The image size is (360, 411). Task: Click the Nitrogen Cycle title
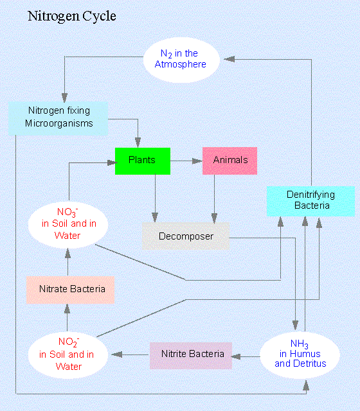pyautogui.click(x=71, y=17)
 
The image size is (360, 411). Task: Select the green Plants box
pyautogui.click(x=143, y=161)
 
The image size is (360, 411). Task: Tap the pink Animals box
pyautogui.click(x=230, y=161)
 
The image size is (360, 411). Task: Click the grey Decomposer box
pyautogui.click(x=186, y=236)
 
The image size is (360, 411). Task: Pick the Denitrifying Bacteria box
pyautogui.click(x=310, y=201)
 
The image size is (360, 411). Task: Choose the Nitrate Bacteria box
pyautogui.click(x=70, y=290)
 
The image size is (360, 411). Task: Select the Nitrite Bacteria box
pyautogui.click(x=191, y=355)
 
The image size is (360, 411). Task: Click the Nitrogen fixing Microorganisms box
pyautogui.click(x=58, y=118)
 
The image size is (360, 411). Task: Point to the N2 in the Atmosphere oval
pyautogui.click(x=181, y=60)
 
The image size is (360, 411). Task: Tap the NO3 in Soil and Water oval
pyautogui.click(x=68, y=225)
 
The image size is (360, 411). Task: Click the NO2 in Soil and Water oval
pyautogui.click(x=68, y=355)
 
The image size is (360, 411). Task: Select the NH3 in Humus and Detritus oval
pyautogui.click(x=300, y=355)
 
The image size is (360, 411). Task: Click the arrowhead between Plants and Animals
pyautogui.click(x=197, y=161)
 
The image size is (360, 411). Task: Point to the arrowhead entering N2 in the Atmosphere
pyautogui.click(x=229, y=59)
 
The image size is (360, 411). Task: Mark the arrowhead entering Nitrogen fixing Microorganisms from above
pyautogui.click(x=64, y=97)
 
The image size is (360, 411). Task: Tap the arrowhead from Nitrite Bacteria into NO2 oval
pyautogui.click(x=116, y=354)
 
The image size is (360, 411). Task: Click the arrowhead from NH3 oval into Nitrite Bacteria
pyautogui.click(x=236, y=356)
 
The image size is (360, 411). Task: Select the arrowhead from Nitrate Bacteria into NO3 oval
pyautogui.click(x=67, y=254)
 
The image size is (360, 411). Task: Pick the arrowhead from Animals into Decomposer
pyautogui.click(x=214, y=218)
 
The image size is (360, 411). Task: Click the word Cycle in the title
pyautogui.click(x=99, y=17)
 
